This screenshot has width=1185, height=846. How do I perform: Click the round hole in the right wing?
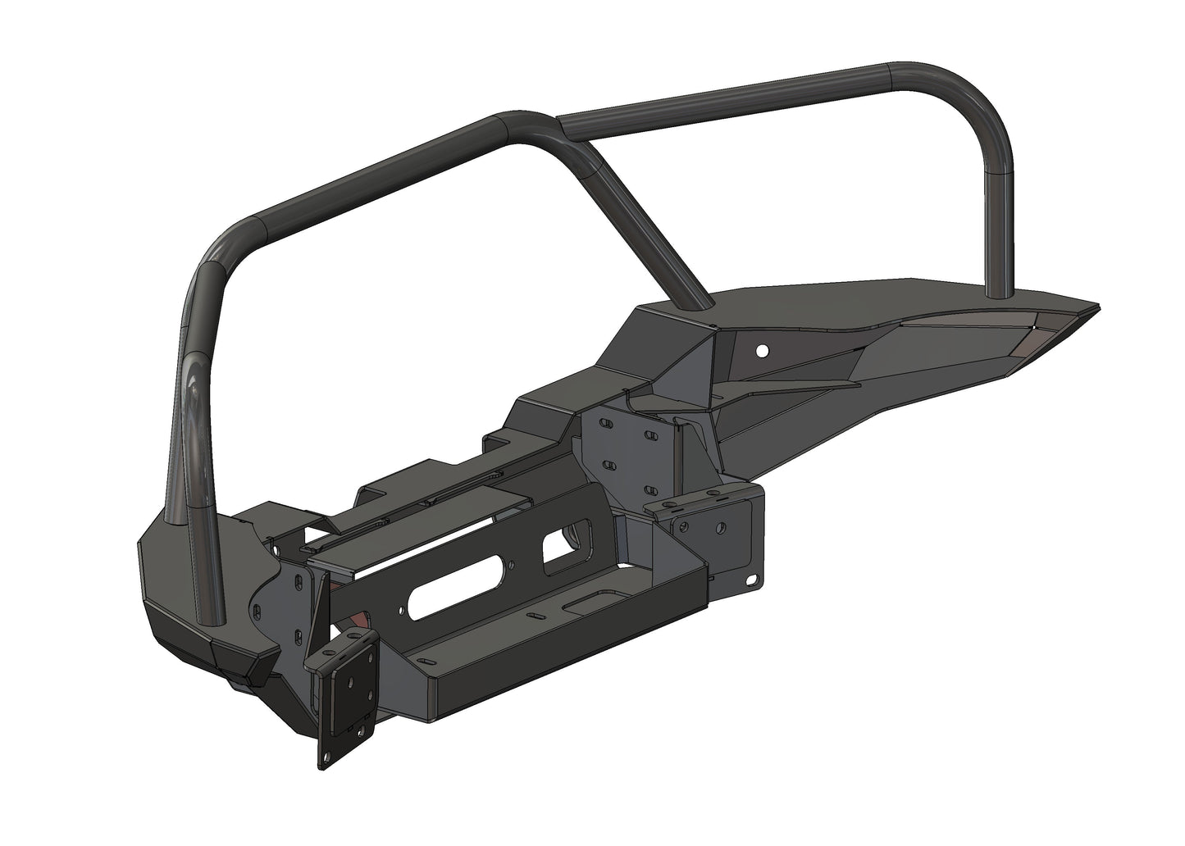coord(763,351)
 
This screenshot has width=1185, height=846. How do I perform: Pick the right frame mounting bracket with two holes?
coord(701,521)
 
